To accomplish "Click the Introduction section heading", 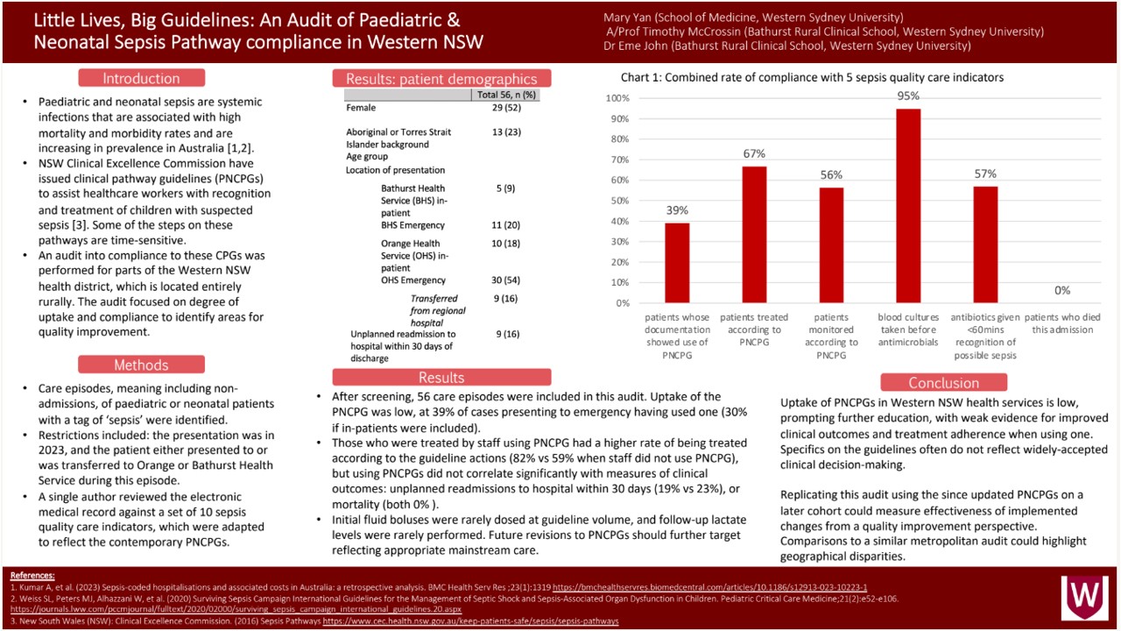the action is pyautogui.click(x=141, y=78).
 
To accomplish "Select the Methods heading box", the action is pyautogui.click(x=141, y=365).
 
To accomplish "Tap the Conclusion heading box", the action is pyautogui.click(x=943, y=383).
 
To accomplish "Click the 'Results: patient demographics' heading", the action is pyautogui.click(x=441, y=79).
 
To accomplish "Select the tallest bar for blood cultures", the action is pyautogui.click(x=908, y=206).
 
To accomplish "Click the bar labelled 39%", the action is pyautogui.click(x=677, y=263).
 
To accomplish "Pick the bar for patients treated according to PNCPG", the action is pyautogui.click(x=754, y=234).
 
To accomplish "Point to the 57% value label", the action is pyautogui.click(x=985, y=174).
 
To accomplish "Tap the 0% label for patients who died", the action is pyautogui.click(x=1062, y=290).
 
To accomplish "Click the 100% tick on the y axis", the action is pyautogui.click(x=617, y=98).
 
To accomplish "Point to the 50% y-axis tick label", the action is pyautogui.click(x=619, y=201).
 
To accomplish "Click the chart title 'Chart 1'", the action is pyautogui.click(x=812, y=78).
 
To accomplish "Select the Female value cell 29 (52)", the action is pyautogui.click(x=506, y=108).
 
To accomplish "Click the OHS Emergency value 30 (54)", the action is pyautogui.click(x=505, y=280).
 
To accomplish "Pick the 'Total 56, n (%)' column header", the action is pyautogui.click(x=506, y=95).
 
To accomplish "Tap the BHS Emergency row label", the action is pyautogui.click(x=412, y=225).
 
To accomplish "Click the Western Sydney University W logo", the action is pyautogui.click(x=1085, y=598).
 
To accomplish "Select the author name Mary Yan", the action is pyautogui.click(x=627, y=18).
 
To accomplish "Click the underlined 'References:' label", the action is pyautogui.click(x=32, y=576).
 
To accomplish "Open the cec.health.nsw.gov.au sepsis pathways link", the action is pyautogui.click(x=470, y=621).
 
